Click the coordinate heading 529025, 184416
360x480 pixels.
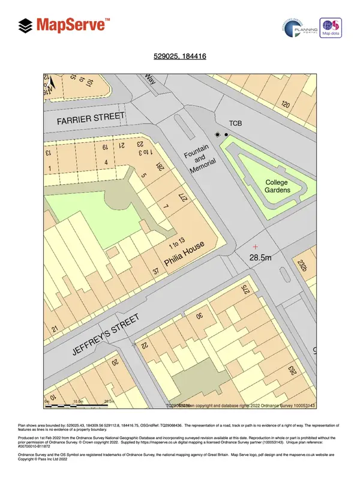click(180, 58)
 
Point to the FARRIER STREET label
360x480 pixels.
click(91, 119)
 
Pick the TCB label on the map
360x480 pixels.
click(235, 124)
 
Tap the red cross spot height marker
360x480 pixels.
click(256, 247)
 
